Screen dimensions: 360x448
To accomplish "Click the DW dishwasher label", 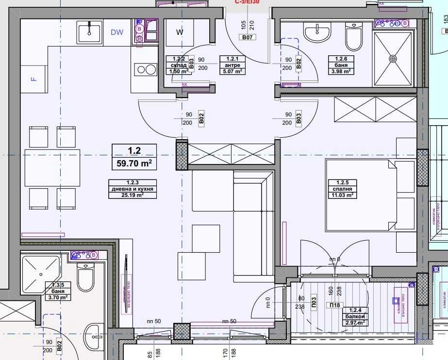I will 117,33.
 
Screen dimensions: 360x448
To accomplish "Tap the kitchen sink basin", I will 90,32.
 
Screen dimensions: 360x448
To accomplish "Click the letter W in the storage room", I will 180,33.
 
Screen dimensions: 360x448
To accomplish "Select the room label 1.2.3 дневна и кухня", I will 126,189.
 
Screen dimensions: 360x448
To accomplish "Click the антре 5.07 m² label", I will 232,65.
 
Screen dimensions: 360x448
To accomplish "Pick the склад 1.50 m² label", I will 177,65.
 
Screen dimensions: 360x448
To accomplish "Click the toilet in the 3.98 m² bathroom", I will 353,37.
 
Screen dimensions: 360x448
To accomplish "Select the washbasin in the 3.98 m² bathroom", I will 317,33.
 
